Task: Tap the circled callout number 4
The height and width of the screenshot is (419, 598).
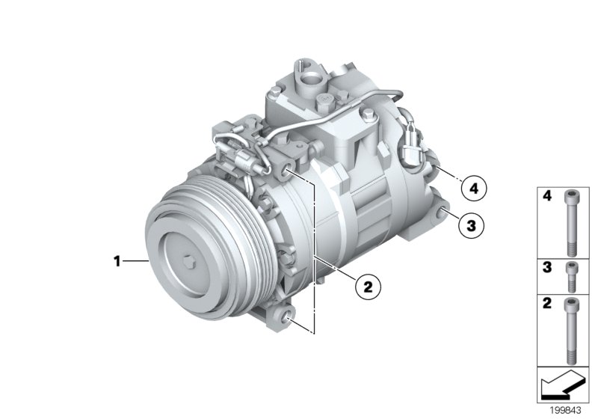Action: [471, 187]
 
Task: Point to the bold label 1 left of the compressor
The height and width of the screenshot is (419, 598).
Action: [117, 261]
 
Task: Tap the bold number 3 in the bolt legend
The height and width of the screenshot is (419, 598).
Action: [547, 267]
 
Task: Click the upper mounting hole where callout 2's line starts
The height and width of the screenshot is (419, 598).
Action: [289, 174]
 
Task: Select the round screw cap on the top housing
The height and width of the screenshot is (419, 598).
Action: [325, 100]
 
